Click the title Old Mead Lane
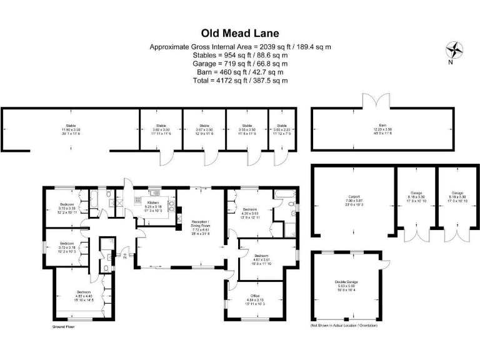(x=240, y=32)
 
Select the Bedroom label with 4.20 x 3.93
(x=250, y=212)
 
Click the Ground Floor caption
(x=62, y=326)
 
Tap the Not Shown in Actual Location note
(x=344, y=326)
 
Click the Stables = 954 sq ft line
(x=240, y=56)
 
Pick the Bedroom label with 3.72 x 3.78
(x=67, y=246)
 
